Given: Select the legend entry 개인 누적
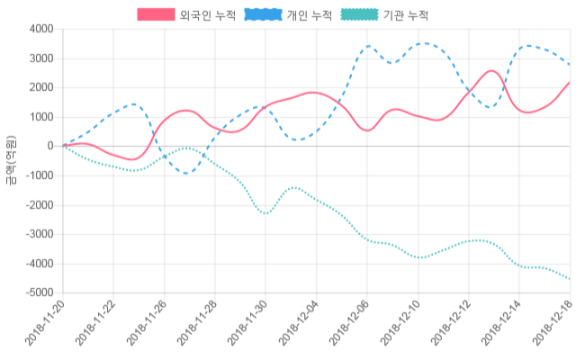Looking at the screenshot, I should pyautogui.click(x=310, y=15).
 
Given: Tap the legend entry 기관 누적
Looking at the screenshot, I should pyautogui.click(x=405, y=15).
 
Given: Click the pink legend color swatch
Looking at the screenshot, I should pyautogui.click(x=156, y=15).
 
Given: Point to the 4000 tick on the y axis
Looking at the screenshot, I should pyautogui.click(x=40, y=30).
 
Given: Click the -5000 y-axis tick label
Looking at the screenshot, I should pyautogui.click(x=38, y=293).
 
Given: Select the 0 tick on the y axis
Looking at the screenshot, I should pyautogui.click(x=50, y=147).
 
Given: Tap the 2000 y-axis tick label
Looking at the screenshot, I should pyautogui.click(x=40, y=88).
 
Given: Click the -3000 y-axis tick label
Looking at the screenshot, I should pyautogui.click(x=38, y=235).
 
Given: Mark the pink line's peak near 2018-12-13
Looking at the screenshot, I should pyautogui.click(x=492, y=70).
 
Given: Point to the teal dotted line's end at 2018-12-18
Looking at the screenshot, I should pyautogui.click(x=570, y=279).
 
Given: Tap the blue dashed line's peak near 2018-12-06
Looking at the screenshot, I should pyautogui.click(x=368, y=46).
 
